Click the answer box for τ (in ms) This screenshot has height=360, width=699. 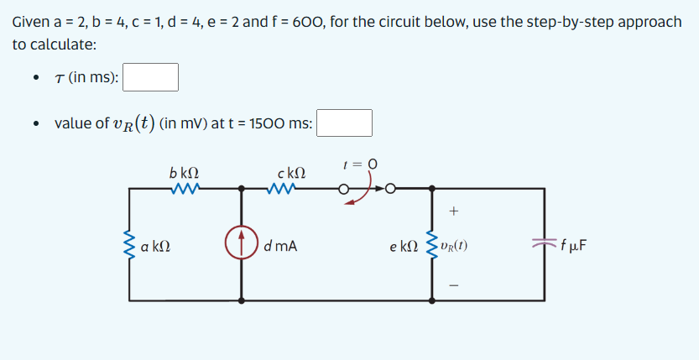[x=151, y=77]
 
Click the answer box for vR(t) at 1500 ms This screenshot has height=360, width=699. [x=344, y=123]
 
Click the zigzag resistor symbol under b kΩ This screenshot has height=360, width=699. [x=184, y=189]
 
